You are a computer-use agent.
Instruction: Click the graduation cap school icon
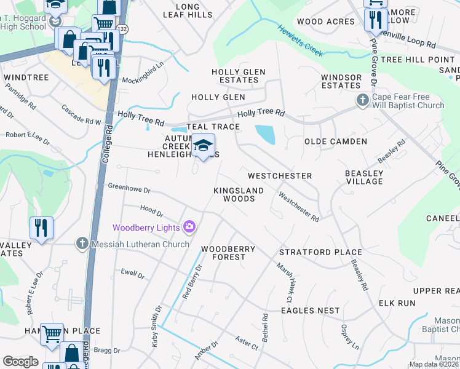[202, 146]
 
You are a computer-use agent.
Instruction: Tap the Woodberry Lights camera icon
[188, 228]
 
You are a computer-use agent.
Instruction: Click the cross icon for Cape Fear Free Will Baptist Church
[363, 100]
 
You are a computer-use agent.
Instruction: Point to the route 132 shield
[123, 29]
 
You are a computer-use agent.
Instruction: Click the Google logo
[20, 362]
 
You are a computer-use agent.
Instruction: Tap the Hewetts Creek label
[299, 41]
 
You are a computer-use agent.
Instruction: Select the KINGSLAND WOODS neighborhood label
[238, 194]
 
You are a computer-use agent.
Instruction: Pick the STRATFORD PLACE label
[320, 252]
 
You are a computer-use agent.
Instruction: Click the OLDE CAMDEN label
[336, 141]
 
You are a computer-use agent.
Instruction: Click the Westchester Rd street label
[298, 208]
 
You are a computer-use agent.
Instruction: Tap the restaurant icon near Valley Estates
[41, 228]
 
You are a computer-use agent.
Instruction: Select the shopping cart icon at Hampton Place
[52, 335]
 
